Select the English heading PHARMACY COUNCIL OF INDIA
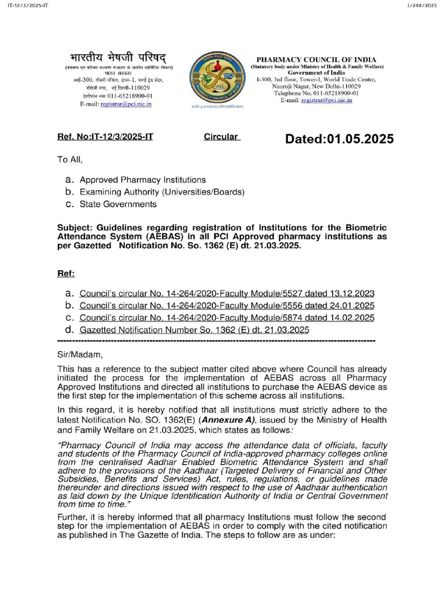coord(316,59)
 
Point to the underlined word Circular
coord(221,137)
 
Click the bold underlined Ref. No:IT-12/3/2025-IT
coord(105,137)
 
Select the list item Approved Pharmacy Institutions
coord(142,180)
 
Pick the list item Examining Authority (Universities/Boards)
coord(162,192)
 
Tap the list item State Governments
coord(118,204)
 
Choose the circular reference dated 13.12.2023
coord(227,293)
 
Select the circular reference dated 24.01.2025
coord(227,305)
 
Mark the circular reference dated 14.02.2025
coord(227,318)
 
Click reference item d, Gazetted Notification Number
coord(194,330)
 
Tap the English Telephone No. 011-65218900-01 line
coord(316,93)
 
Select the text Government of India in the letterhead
coord(316,73)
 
